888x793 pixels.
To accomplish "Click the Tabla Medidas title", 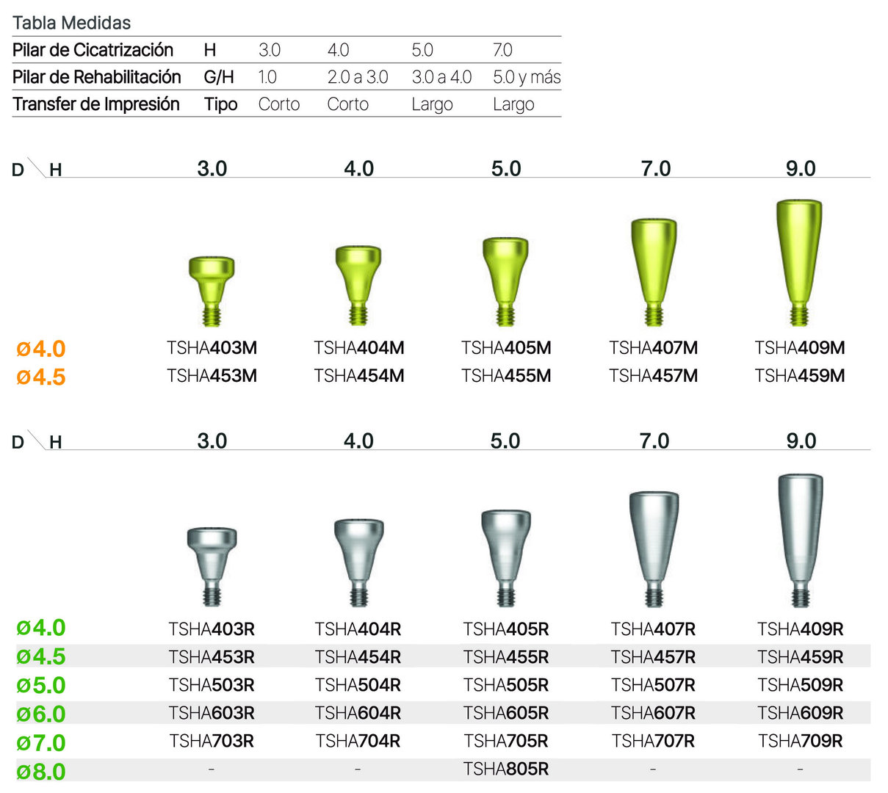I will [x=71, y=23].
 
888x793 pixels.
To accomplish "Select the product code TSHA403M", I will [x=212, y=348].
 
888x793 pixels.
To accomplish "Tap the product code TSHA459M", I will [x=800, y=376].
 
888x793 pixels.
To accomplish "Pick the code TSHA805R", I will [x=506, y=770].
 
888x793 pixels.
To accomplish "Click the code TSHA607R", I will [x=653, y=713].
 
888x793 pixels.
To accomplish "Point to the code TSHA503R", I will [x=212, y=685].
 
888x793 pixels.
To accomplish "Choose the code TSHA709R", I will [x=801, y=741].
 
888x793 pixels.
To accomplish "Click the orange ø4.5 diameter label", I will [x=41, y=377].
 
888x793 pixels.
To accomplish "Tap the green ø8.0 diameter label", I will [x=41, y=772].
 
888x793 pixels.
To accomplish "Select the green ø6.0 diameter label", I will [x=41, y=714].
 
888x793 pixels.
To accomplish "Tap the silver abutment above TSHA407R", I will [x=654, y=547].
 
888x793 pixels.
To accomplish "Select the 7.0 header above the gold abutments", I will [x=655, y=169].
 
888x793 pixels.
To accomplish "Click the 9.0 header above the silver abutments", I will [x=801, y=441].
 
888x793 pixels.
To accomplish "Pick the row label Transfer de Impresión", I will [x=96, y=104].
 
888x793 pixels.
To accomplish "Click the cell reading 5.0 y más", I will [x=527, y=77].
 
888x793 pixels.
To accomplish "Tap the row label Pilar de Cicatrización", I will [x=93, y=50].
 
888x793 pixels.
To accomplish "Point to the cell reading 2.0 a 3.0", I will [x=358, y=77].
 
